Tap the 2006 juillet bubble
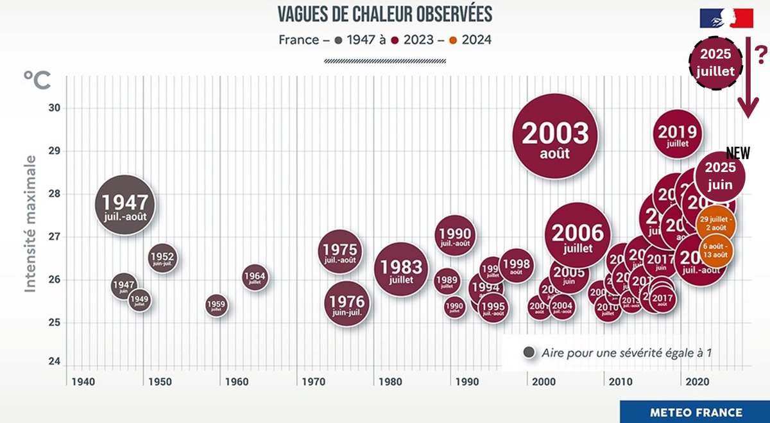coord(577,236)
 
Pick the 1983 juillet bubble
coord(401,270)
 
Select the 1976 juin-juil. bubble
coord(347,304)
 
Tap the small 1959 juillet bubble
coord(216,306)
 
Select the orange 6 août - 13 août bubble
coord(715,250)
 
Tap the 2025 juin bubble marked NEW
coord(719,174)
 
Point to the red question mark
coord(759,51)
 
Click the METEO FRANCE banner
coord(695,412)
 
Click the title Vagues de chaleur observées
coord(385,14)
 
